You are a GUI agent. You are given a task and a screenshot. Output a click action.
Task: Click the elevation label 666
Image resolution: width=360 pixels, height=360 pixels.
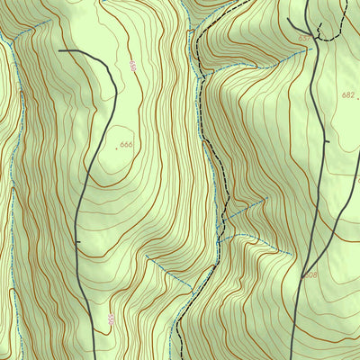[x=126, y=145]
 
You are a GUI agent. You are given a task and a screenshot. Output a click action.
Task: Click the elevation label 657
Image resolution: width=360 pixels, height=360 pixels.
[x=304, y=39]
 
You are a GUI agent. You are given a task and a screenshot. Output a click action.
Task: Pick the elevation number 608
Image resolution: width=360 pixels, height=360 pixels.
[x=310, y=274]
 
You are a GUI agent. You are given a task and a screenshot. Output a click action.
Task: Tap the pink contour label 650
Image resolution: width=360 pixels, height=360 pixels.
[x=132, y=67]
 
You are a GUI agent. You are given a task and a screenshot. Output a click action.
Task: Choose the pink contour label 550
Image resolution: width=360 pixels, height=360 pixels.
[x=111, y=319]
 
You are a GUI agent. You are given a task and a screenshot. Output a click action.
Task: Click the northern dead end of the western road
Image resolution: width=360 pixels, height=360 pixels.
[x=59, y=51]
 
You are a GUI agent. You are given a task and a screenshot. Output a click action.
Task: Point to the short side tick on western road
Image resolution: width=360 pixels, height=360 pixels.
[x=80, y=241]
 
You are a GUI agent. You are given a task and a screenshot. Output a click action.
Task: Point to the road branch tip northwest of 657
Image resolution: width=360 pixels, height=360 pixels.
[x=288, y=20]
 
